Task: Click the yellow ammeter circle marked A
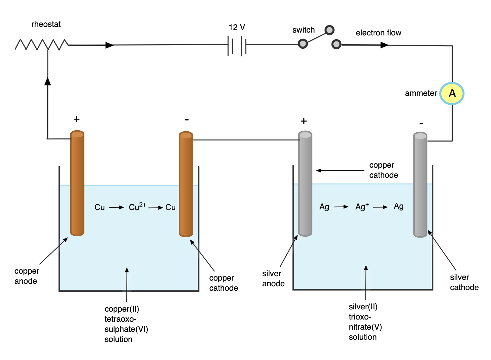(452, 93)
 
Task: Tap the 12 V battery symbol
(237, 46)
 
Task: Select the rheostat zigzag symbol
(41, 45)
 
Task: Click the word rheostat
(46, 24)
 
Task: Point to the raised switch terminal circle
(329, 30)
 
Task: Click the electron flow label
(378, 33)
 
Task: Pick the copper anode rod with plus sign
(77, 183)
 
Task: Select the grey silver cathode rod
(420, 185)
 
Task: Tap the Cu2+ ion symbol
(137, 207)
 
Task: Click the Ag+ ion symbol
(362, 207)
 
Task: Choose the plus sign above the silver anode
(304, 121)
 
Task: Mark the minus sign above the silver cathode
(421, 123)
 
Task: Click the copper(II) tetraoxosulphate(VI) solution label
(126, 324)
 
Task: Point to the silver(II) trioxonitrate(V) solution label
(365, 322)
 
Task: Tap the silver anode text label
(273, 278)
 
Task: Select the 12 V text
(237, 28)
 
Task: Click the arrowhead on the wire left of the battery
(109, 45)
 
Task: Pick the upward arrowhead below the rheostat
(48, 81)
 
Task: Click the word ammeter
(420, 93)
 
